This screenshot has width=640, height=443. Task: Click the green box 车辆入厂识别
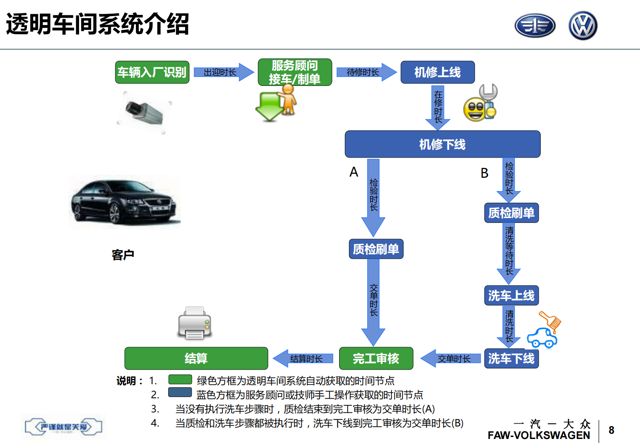coord(152,72)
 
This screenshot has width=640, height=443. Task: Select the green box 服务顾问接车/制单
coord(295,72)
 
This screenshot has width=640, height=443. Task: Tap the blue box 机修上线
coord(438,72)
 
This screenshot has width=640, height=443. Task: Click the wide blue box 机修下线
coord(442,144)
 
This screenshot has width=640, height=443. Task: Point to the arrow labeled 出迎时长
coord(223,72)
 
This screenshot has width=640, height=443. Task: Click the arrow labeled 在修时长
coord(438,107)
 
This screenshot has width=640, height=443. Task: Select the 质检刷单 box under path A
coord(376,249)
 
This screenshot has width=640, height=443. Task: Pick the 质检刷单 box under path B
coord(511,213)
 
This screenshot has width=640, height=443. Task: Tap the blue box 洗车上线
coord(511,295)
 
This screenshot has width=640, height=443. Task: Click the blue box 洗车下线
coord(511,358)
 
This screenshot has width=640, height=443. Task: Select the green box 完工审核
coord(376,358)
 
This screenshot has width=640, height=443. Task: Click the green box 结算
coord(196,358)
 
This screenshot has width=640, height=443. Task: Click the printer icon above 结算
coord(195,323)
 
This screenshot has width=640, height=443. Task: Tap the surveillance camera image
coord(144,112)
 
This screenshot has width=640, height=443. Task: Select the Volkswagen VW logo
coord(583,25)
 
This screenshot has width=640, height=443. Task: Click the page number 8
coord(611,430)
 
